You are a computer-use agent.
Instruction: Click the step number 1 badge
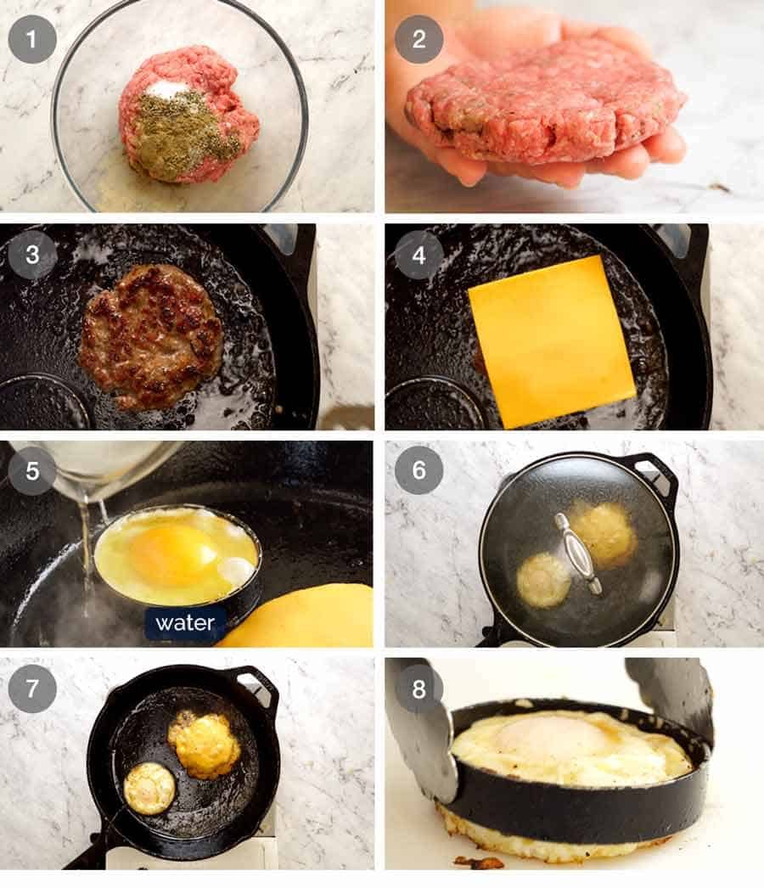point(32,39)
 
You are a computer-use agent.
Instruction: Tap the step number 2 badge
point(419,39)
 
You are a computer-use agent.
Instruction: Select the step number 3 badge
point(32,255)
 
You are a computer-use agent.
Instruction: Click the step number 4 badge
point(419,255)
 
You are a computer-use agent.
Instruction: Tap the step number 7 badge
point(32,688)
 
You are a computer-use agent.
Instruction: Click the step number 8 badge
point(419,688)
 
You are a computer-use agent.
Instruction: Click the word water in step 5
point(185,623)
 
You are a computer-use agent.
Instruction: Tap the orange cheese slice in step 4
point(552,340)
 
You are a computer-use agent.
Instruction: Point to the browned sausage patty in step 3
point(151,336)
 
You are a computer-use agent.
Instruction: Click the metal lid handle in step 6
point(579,553)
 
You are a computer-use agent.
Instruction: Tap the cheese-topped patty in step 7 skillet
point(204,745)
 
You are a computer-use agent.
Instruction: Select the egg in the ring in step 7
point(149,787)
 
